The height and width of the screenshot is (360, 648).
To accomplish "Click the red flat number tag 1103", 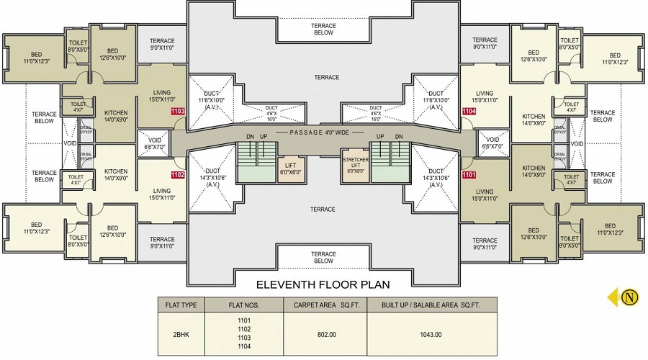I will coord(178,112).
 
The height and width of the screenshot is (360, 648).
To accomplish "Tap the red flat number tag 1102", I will coord(178,174).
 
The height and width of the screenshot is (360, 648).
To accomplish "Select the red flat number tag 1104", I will coord(469,112).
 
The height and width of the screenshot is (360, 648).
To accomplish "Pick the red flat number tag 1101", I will coord(469,174).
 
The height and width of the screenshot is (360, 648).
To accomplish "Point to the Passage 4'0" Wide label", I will coord(323,132).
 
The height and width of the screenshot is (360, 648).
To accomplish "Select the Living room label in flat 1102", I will coord(161,194).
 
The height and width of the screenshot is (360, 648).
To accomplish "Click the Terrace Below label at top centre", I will coord(323,29).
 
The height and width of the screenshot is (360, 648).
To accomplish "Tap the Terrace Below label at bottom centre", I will coord(323,257).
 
